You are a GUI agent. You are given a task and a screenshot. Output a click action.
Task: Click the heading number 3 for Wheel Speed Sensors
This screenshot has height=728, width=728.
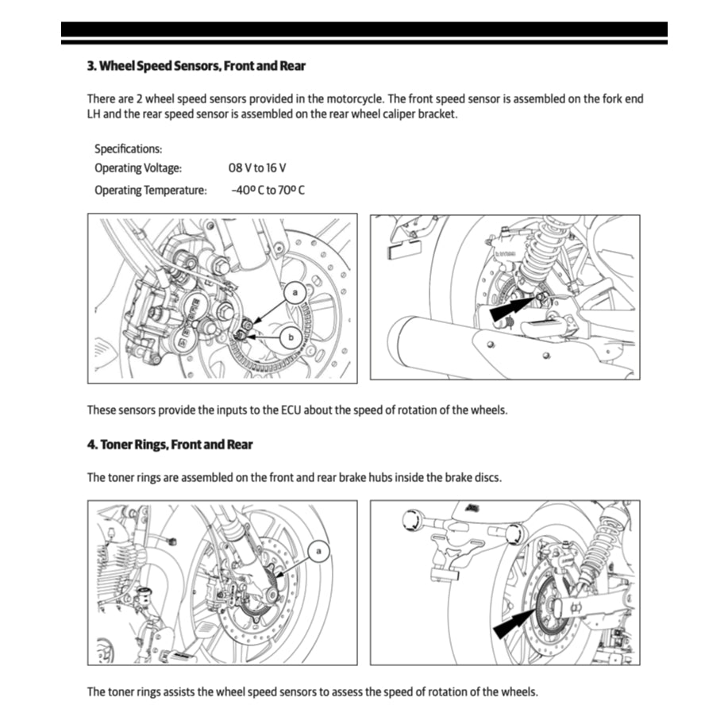pyautogui.click(x=91, y=66)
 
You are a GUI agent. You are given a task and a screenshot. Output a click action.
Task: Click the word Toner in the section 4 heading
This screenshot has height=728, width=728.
pyautogui.click(x=117, y=445)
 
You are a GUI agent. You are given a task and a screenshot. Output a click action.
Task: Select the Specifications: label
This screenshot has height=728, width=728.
pyautogui.click(x=128, y=148)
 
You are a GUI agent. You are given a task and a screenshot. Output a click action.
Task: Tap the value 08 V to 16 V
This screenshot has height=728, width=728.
pyautogui.click(x=256, y=168)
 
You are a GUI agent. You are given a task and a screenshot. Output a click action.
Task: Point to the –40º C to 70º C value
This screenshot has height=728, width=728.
pyautogui.click(x=268, y=191)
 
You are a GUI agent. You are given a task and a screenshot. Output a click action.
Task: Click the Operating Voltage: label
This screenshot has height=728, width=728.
pyautogui.click(x=138, y=168)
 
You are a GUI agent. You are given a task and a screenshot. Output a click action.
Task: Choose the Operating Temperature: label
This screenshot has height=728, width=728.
pyautogui.click(x=151, y=191)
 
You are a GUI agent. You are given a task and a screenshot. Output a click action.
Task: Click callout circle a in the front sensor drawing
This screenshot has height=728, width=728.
pyautogui.click(x=295, y=293)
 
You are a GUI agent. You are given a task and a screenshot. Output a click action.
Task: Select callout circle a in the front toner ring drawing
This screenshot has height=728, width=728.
pyautogui.click(x=319, y=550)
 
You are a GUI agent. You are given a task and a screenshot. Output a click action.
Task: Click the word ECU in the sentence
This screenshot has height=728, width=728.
pyautogui.click(x=291, y=410)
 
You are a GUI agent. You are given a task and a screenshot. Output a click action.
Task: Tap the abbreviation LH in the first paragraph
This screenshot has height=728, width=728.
pyautogui.click(x=95, y=114)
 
